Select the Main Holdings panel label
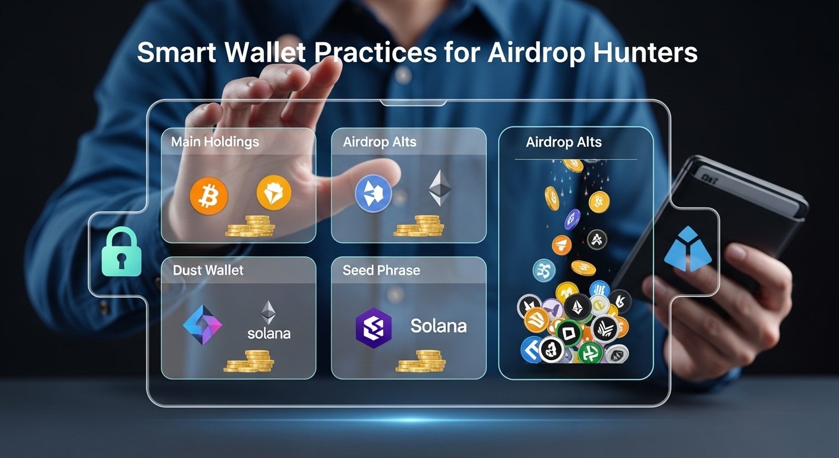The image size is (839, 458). tap(215, 142)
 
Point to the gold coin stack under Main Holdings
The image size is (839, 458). tap(250, 227)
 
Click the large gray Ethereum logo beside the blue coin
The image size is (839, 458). tap(440, 188)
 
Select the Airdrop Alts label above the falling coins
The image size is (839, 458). tap(564, 143)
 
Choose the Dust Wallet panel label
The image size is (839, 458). tap(208, 270)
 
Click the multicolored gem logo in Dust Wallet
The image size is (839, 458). tap(202, 324)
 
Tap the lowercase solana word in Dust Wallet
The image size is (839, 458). tap(269, 333)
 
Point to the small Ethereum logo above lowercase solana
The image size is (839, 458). tap(269, 312)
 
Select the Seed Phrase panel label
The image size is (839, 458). tap(381, 270)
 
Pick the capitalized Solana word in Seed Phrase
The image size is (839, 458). tap(438, 326)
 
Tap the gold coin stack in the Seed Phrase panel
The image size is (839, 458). tap(420, 362)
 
